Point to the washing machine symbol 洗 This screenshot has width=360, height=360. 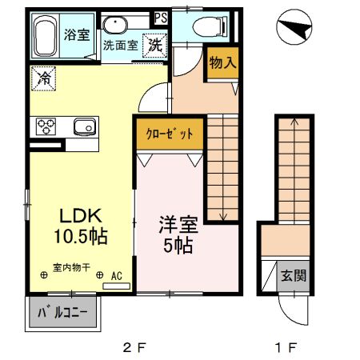(154, 45)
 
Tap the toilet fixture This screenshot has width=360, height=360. (195, 26)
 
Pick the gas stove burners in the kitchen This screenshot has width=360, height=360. (45, 126)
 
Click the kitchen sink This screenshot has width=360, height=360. (83, 126)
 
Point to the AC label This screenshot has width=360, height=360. (115, 276)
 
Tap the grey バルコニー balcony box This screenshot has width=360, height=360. (65, 313)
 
